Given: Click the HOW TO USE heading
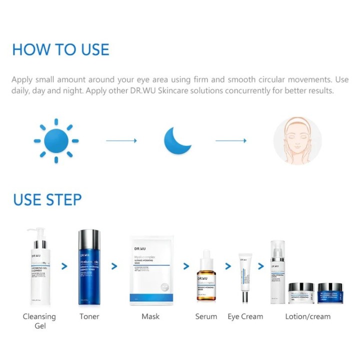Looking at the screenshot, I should tap(60, 49).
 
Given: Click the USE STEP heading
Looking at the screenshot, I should tap(47, 199).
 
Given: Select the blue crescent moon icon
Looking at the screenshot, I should tap(178, 140).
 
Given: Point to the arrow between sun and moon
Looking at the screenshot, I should tap(121, 141).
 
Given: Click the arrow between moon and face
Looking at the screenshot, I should tap(230, 141).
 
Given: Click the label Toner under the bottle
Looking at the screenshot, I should tap(89, 316).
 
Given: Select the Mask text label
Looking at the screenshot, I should tap(150, 316).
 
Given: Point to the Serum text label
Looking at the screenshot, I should tap(206, 316).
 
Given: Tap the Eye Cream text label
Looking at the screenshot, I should tap(245, 316).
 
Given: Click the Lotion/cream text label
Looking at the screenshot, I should tap(307, 316).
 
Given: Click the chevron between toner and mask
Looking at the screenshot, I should tap(114, 266).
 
